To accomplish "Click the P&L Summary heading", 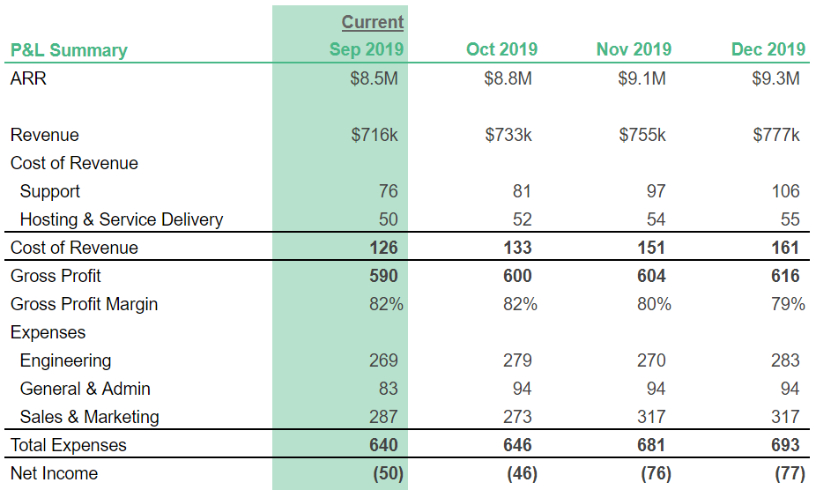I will point(69,50).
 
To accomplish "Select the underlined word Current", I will point(372,22).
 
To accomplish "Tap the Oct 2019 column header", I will point(501,49).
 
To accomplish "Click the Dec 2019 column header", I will point(768,49).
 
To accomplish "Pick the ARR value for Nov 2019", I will point(642,78).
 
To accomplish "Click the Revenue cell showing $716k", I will point(375,135).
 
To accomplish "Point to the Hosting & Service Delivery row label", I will point(122,219).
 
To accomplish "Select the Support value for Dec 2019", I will point(784,191).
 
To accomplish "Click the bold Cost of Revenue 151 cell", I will point(651,248).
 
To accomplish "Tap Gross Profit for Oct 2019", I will point(517,276).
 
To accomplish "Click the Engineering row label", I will point(65,360).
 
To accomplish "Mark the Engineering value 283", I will point(784,360).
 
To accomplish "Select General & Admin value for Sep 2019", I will point(388,389).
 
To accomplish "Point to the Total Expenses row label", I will point(69,445).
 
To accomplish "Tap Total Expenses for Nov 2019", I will point(651,445).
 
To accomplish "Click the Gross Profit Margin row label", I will point(85,304).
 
